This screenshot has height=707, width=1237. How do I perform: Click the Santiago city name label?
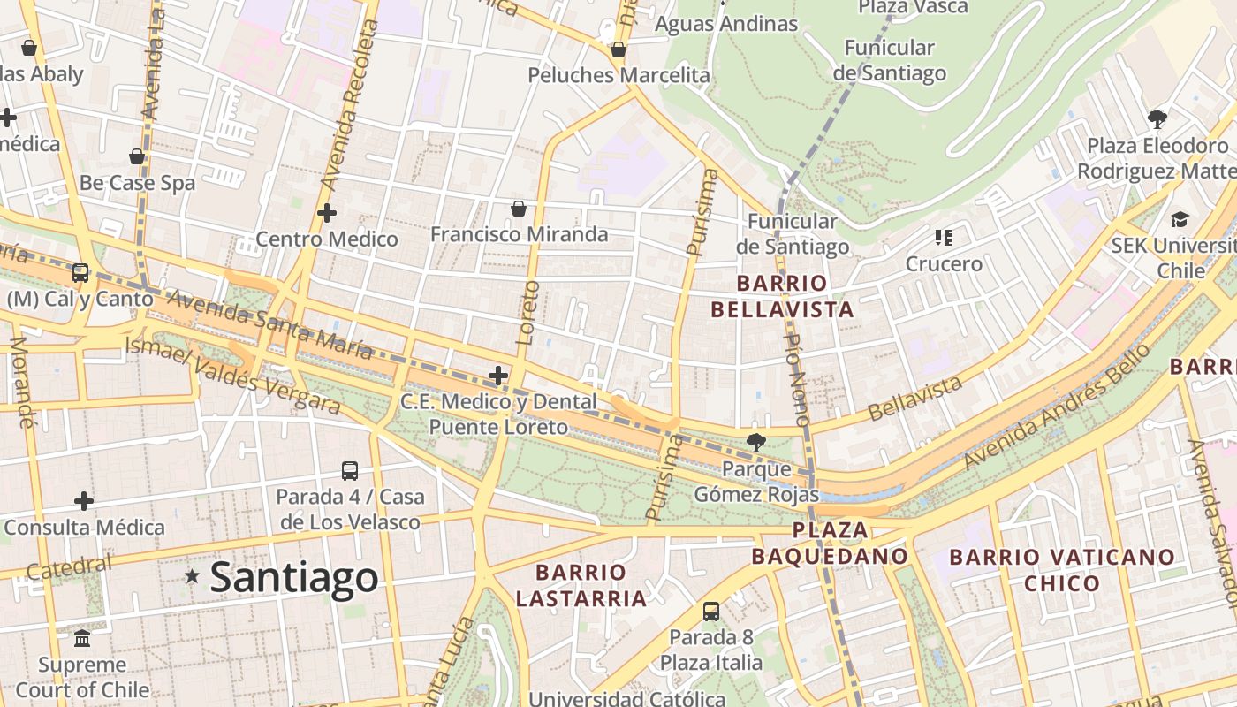294,578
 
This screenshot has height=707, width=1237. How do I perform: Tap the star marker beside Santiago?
192,576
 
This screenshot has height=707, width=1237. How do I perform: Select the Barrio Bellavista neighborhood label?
782,296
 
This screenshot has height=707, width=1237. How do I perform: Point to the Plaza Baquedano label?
830,543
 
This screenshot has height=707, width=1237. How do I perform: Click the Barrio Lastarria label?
581,585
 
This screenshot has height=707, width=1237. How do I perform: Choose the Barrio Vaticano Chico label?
1062,570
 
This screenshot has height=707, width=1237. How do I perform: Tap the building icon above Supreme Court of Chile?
82,638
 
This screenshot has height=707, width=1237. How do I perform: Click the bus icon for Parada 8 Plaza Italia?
711,611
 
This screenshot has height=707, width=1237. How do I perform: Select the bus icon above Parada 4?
350,471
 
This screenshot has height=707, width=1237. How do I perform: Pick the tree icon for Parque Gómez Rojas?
755,442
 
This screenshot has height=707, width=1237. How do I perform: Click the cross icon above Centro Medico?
327,213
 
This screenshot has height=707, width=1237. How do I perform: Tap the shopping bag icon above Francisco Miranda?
519,209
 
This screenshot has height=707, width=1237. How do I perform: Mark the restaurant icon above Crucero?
944,237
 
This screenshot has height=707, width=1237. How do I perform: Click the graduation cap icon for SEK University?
1180,219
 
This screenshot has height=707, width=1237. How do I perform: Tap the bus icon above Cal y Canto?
80,273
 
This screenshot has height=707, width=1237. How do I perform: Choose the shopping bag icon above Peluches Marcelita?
618,49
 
